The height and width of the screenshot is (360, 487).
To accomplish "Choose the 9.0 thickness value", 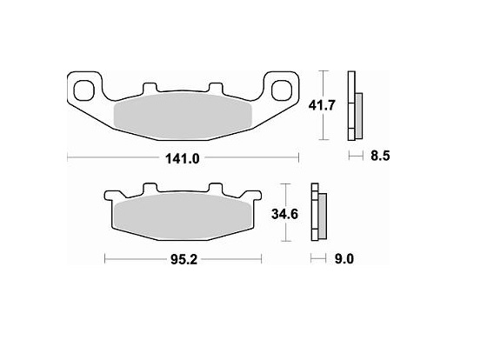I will click(343, 259).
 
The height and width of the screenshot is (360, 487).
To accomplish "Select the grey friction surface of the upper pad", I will click(183, 117).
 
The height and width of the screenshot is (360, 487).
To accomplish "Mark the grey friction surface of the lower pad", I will click(183, 216).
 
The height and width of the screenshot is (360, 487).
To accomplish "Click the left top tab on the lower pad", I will click(148, 188).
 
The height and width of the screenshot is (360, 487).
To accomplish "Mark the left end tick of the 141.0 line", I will click(68, 157).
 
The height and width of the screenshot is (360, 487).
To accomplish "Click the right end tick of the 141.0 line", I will click(299, 157).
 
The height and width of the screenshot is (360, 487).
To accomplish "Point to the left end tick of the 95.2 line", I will click(105, 258).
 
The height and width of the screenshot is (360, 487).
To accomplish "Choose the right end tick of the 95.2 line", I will click(262, 258).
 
